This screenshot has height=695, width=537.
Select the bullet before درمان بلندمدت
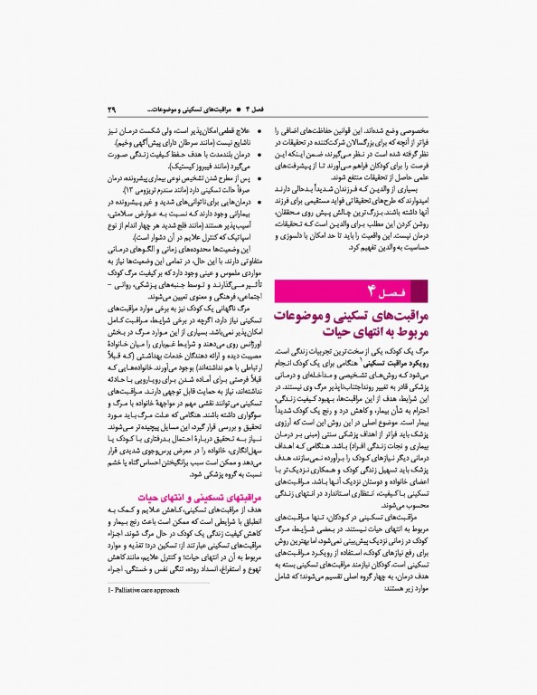click(x=259, y=157)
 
